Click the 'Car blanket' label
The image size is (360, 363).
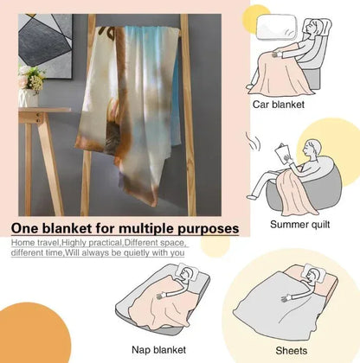click(x=279, y=105)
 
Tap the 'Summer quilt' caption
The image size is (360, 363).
click(x=299, y=225)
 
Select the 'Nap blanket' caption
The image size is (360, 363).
click(x=158, y=350)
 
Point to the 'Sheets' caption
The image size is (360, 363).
click(x=292, y=351)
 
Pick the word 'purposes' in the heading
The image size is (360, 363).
click(x=208, y=230)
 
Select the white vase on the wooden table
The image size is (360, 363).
click(x=29, y=98)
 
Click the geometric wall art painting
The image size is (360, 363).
click(x=45, y=46)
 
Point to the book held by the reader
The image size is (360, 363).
click(x=283, y=155)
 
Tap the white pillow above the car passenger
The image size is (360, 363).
click(x=277, y=27)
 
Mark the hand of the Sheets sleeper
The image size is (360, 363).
click(x=286, y=298)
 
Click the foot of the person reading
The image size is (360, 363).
click(x=252, y=197)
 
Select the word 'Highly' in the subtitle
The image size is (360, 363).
click(x=74, y=243)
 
